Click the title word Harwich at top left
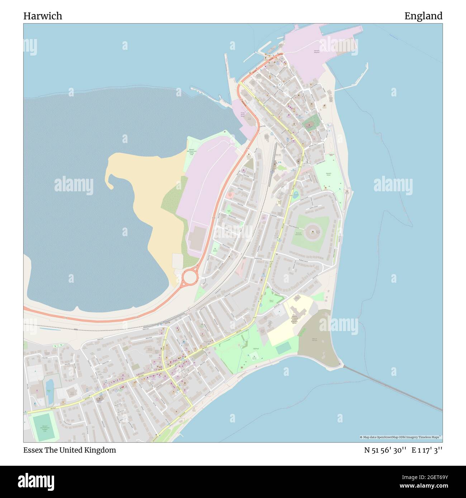[x=43, y=16]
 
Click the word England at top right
[x=423, y=16]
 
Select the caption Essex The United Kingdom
[x=70, y=450]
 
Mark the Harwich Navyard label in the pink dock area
[x=317, y=51]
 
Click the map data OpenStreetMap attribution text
[x=400, y=437]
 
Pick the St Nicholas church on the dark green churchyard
[x=309, y=125]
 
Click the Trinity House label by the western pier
[x=243, y=114]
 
